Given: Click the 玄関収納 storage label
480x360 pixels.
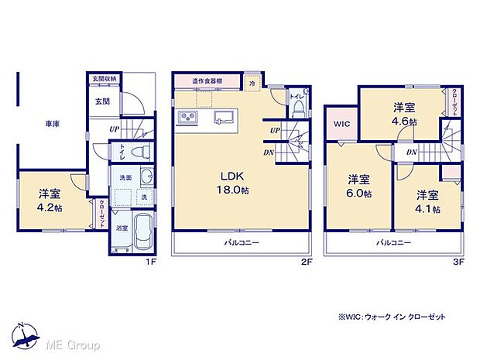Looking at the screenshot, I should tap(105, 78).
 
